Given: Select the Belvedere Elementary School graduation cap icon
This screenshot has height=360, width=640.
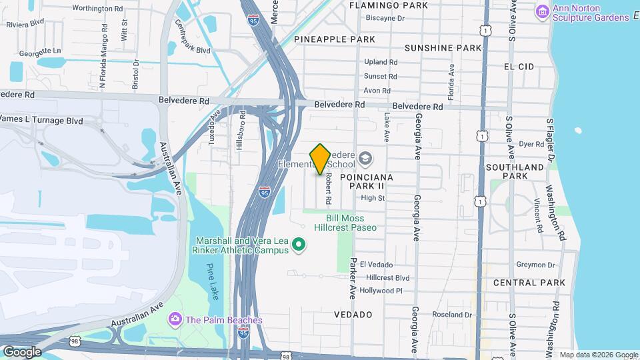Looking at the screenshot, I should point(365,159).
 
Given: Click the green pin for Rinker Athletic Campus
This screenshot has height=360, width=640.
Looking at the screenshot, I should point(299,246).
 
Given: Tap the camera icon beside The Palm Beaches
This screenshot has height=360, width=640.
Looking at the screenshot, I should point(175,319).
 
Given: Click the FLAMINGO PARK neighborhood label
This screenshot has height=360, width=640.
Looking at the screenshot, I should point(398,5).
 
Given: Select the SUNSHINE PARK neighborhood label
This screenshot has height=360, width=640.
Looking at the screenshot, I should point(443,48).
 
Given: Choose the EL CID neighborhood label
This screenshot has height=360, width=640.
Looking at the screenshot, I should point(519,67).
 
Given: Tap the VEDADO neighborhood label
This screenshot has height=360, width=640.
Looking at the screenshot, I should point(353,314).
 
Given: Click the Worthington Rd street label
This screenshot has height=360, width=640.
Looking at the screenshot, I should point(97,9).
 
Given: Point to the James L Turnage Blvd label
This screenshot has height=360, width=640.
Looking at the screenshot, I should point(41,120).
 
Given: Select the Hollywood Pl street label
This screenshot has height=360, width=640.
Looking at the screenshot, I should point(381,291).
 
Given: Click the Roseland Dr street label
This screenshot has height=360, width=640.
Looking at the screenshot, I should point(452,315).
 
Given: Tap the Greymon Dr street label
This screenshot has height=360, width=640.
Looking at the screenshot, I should point(536,265).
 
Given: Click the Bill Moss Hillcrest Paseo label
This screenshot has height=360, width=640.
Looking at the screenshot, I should point(351,223).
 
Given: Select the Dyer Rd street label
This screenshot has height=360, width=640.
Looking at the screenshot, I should point(531,143).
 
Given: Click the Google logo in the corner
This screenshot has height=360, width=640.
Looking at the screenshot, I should point(22,352).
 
